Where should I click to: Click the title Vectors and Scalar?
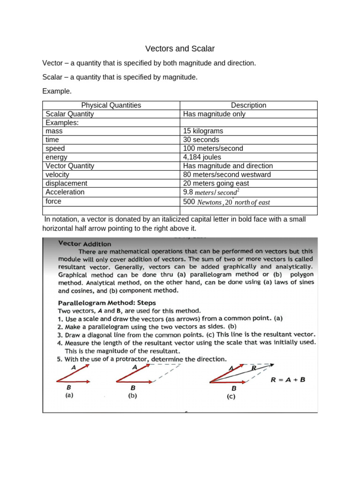point(180,49)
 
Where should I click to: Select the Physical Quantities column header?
point(111,105)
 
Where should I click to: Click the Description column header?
point(248,105)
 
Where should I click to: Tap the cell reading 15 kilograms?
point(203,131)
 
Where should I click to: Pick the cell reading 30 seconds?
point(201,140)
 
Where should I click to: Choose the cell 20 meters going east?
point(216,183)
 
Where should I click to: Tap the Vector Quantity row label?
point(70,166)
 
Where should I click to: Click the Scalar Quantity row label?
point(69,114)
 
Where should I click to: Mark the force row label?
point(53,201)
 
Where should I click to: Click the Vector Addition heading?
point(85,244)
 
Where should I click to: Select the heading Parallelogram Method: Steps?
point(106,302)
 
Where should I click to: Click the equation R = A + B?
point(288,380)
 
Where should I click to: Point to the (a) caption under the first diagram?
point(69,395)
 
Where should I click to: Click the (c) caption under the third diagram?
point(231,397)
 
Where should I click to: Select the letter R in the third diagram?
point(254,368)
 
